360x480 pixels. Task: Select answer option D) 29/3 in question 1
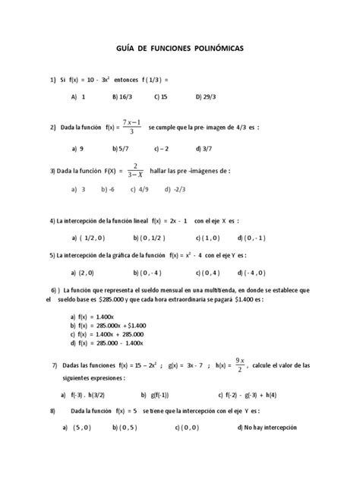[x=206, y=97]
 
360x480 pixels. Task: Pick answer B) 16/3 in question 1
[x=122, y=97]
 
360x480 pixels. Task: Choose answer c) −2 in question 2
[x=161, y=149]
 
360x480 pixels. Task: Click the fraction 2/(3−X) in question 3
[x=134, y=172]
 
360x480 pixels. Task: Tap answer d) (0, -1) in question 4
[x=251, y=237]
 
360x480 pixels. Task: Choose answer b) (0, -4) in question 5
[x=144, y=272]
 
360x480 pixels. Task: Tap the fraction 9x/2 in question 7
[x=241, y=365]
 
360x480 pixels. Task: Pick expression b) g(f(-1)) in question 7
[x=155, y=395]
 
